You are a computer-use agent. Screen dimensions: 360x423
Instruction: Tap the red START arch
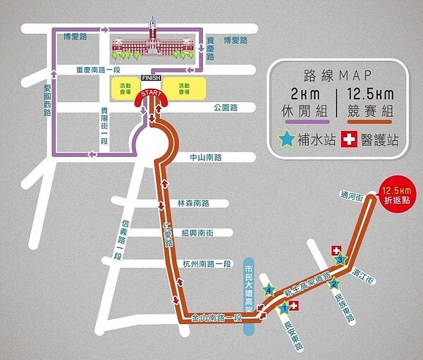tap(151, 94)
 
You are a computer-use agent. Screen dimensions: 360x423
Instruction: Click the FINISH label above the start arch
tap(152, 77)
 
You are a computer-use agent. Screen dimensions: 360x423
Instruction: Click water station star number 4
tap(268, 289)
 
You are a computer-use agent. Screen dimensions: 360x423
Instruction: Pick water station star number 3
tap(340, 261)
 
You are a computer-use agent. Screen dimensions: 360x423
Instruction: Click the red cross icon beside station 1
tap(293, 305)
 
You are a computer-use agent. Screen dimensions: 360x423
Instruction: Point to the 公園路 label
tap(226, 108)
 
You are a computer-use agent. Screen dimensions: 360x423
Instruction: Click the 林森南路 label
tap(195, 203)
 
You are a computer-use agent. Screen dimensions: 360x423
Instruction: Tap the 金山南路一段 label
tap(217, 318)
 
